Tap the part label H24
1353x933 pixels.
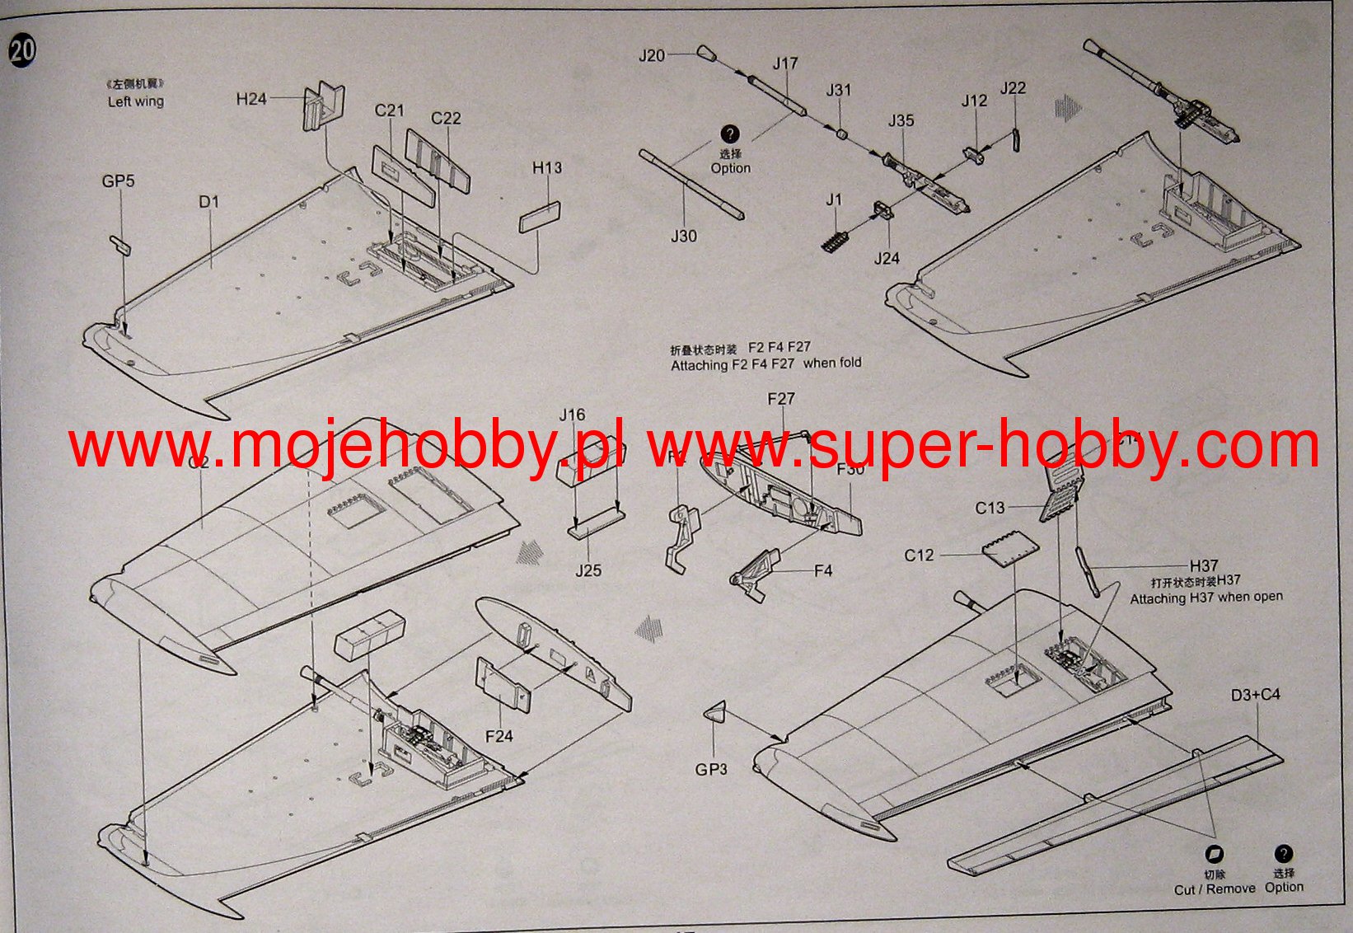pyautogui.click(x=251, y=99)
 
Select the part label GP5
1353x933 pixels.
pyautogui.click(x=118, y=181)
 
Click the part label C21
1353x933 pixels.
pyautogui.click(x=389, y=110)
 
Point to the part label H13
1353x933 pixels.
pyautogui.click(x=546, y=168)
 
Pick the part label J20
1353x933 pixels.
pyautogui.click(x=652, y=56)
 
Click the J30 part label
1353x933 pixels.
pyautogui.click(x=683, y=237)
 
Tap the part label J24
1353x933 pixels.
pyautogui.click(x=887, y=259)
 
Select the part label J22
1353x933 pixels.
pyautogui.click(x=1013, y=88)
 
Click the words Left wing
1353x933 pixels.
pyautogui.click(x=136, y=101)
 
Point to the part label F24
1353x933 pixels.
pyautogui.click(x=499, y=736)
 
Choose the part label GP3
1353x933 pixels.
pyautogui.click(x=711, y=770)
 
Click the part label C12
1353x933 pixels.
pyautogui.click(x=919, y=556)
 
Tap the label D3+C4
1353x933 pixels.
pyautogui.click(x=1255, y=695)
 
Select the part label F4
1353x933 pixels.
pyautogui.click(x=823, y=570)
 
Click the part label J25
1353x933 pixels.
pyautogui.click(x=588, y=570)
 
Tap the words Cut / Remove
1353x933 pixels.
pyautogui.click(x=1215, y=889)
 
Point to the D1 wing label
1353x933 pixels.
pyautogui.click(x=208, y=202)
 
